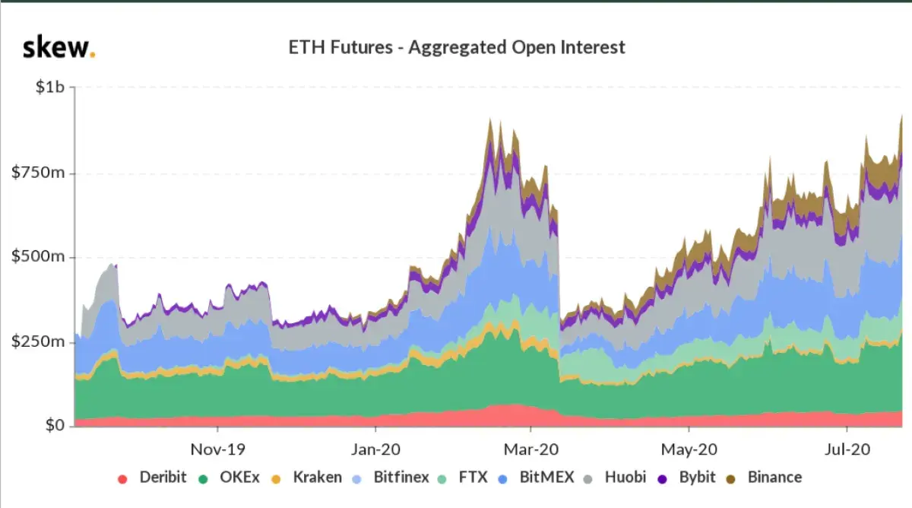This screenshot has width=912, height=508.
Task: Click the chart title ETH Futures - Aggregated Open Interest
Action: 457,47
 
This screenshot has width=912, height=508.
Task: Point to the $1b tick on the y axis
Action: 50,87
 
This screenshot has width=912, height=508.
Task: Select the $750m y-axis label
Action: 39,173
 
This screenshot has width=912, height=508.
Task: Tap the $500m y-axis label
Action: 39,257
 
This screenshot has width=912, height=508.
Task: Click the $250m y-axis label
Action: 39,341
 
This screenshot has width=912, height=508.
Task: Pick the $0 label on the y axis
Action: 52,425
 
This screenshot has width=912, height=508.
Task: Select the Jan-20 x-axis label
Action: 377,449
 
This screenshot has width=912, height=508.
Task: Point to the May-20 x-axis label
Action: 689,449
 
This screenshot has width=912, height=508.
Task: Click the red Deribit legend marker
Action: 122,478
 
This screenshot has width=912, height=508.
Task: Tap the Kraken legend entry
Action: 309,478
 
